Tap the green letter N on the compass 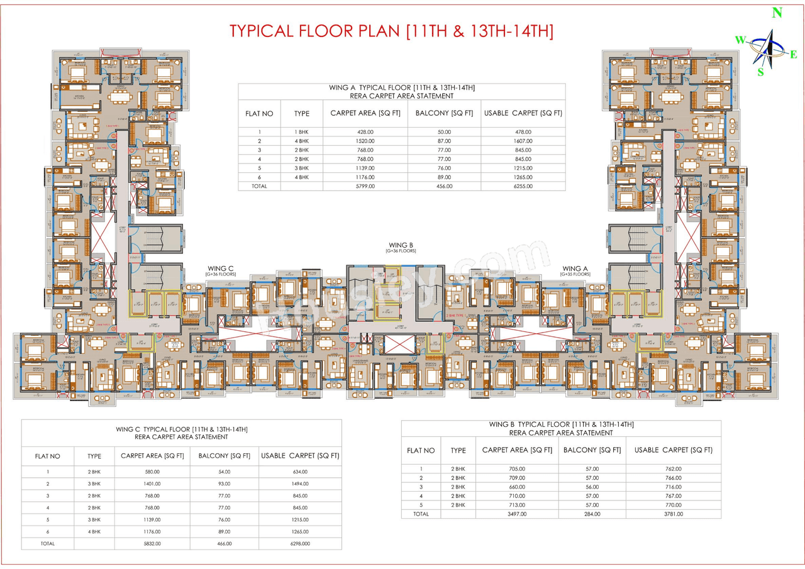click(777, 13)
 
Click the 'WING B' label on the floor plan click(401, 245)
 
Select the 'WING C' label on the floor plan click(221, 268)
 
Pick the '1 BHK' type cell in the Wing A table click(301, 132)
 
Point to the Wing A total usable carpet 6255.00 click(522, 186)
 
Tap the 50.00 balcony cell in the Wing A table click(444, 132)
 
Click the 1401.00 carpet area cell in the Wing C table click(151, 483)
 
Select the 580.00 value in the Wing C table click(151, 472)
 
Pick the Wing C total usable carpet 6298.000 click(300, 543)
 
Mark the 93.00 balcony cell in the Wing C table click(225, 483)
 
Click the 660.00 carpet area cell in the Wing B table click(516, 487)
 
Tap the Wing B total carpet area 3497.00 click(516, 514)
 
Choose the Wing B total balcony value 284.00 click(592, 514)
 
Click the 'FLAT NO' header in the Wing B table click(421, 450)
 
